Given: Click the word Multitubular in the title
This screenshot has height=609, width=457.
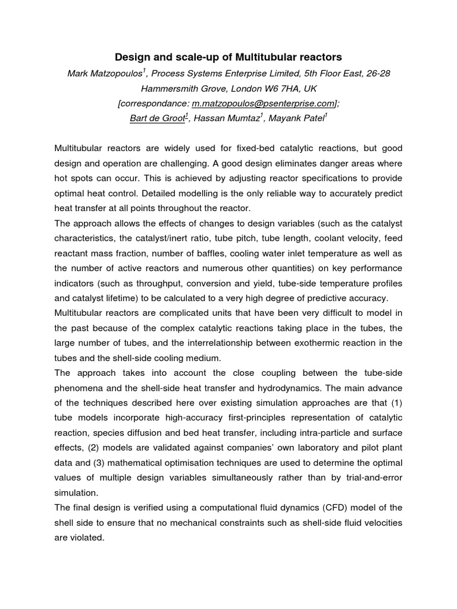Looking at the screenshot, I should (x=268, y=57).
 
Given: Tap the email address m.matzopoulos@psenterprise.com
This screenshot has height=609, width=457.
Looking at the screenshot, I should (x=262, y=103).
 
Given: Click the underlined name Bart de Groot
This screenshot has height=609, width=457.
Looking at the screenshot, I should (x=156, y=118).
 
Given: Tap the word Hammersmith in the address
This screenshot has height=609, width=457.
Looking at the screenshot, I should (x=168, y=88).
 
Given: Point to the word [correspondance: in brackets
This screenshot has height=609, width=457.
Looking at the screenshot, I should (x=156, y=103).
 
